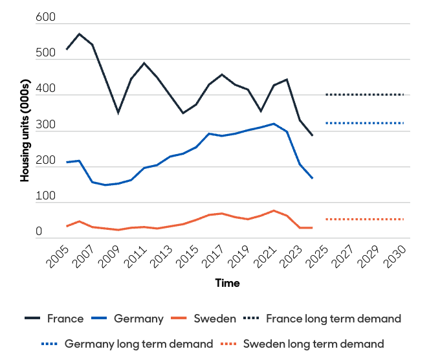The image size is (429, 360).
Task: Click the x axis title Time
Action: click(227, 283)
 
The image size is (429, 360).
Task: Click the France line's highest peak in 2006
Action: click(79, 34)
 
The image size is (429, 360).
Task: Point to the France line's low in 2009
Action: click(118, 113)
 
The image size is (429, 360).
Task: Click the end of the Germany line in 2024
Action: click(313, 178)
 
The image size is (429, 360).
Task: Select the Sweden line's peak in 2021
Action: click(274, 210)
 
